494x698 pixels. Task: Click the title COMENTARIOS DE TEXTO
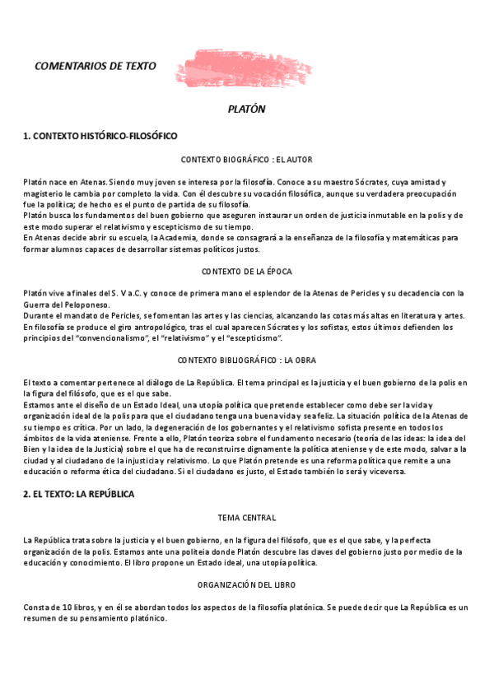point(96,66)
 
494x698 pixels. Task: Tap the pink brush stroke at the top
point(243,68)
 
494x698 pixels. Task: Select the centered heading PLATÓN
point(246,109)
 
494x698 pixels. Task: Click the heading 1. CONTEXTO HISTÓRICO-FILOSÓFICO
point(100,136)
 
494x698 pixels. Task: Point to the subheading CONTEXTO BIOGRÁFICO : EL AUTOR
point(246,159)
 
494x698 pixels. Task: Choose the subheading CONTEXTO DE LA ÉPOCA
point(246,271)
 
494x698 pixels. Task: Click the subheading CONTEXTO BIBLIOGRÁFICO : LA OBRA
point(246,361)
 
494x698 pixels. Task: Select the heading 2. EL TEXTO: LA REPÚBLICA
point(79,494)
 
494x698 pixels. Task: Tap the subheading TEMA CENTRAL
point(246,518)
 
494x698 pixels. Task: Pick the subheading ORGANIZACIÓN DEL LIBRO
point(246,584)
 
